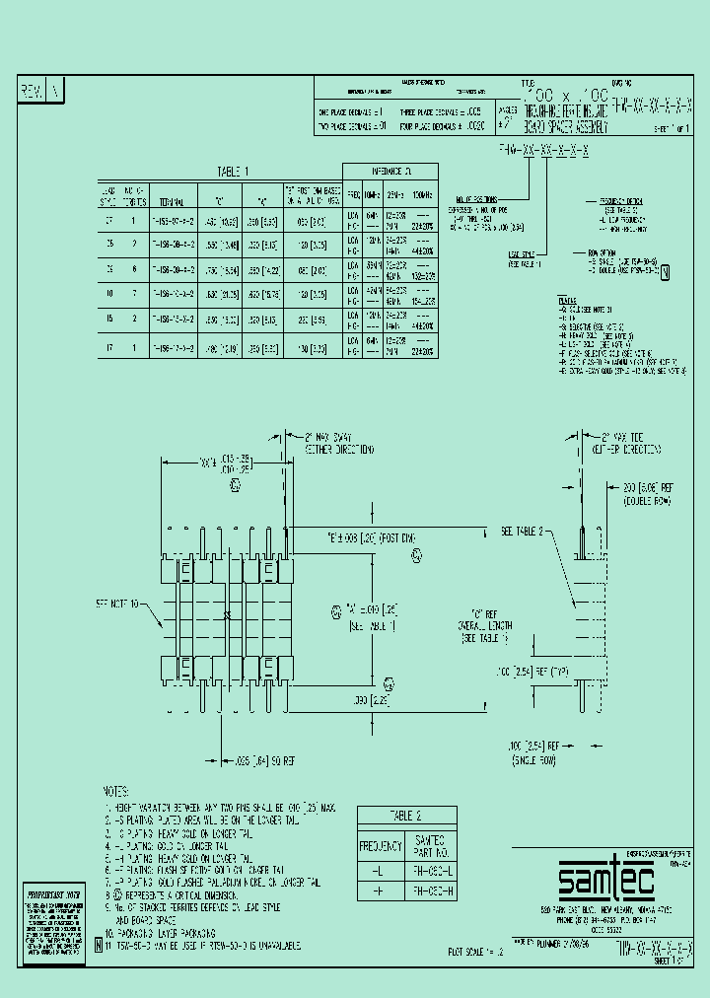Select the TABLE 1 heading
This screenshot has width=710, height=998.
point(234,171)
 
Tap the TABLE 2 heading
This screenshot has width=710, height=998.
point(405,816)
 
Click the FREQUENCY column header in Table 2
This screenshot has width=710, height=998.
point(380,846)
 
